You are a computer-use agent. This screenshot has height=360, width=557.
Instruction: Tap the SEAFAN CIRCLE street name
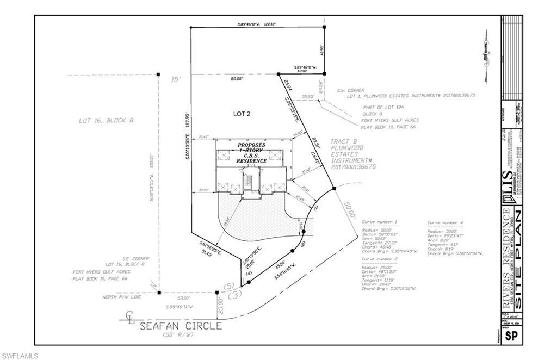[181, 326]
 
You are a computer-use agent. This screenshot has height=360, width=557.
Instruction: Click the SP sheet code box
[511, 336]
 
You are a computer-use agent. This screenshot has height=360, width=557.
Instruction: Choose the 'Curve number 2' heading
[380, 260]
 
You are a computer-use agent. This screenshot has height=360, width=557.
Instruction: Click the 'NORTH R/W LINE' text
[123, 297]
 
